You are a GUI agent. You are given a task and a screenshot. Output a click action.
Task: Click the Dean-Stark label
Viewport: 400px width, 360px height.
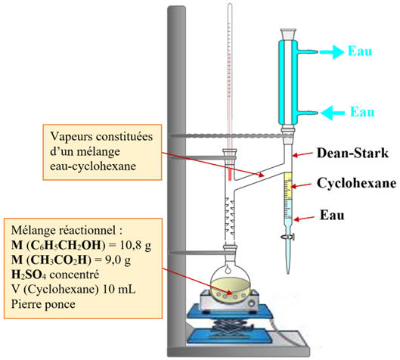[x=352, y=153]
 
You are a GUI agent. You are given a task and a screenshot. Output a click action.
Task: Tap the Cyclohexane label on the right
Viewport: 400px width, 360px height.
[x=356, y=183]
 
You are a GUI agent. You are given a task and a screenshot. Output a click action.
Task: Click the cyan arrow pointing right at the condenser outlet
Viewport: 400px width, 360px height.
[x=332, y=52]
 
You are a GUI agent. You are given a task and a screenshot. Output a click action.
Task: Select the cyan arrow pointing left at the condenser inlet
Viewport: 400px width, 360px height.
[x=333, y=113]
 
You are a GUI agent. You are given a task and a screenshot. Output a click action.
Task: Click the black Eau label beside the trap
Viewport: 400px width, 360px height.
[x=332, y=215]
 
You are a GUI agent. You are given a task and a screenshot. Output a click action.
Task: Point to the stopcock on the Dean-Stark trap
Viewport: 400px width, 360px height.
[x=288, y=237]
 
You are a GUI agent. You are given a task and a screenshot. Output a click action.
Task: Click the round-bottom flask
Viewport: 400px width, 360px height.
[x=230, y=281]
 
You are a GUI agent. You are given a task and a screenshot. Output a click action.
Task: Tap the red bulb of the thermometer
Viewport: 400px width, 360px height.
[x=230, y=174]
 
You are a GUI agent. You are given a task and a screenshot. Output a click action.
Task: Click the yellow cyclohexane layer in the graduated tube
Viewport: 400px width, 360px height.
[x=288, y=186]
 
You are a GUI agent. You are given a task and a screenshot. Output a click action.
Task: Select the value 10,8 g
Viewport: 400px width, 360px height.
[x=135, y=246]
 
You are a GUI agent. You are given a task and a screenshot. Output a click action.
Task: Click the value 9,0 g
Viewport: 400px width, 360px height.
[x=118, y=260]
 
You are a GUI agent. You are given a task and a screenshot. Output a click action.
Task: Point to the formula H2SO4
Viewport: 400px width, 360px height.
[x=29, y=275]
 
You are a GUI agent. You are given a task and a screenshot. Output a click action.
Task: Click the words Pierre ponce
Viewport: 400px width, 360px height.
[x=43, y=304]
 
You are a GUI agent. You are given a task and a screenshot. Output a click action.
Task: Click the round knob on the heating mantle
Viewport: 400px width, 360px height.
[x=253, y=303]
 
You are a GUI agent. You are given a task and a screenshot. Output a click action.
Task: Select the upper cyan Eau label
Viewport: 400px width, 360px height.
[x=360, y=51]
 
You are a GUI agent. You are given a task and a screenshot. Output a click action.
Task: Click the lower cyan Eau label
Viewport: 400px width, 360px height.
[x=362, y=112]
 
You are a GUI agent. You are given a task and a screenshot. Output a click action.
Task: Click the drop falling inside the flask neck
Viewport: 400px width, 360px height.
[x=228, y=268]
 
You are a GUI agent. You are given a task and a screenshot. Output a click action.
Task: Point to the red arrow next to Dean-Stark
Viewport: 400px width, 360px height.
[x=302, y=154]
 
